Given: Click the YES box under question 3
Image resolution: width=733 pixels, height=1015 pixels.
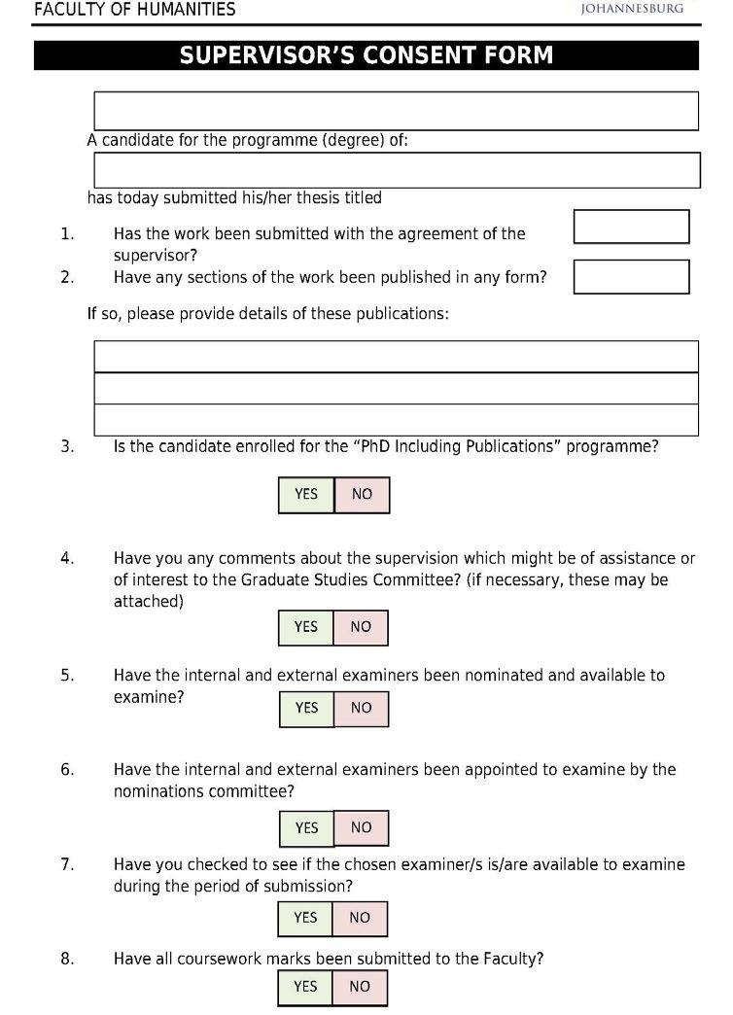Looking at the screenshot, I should (x=306, y=494).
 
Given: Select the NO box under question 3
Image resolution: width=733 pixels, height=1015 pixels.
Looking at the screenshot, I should (x=362, y=494).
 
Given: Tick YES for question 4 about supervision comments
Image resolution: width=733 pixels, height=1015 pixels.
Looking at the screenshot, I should (x=306, y=627).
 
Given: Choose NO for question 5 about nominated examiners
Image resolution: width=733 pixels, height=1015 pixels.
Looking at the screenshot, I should (x=362, y=708).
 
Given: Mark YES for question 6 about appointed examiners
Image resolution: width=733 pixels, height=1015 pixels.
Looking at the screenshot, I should (x=306, y=827).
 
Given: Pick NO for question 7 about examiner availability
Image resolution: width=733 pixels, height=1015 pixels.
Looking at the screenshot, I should (x=360, y=917).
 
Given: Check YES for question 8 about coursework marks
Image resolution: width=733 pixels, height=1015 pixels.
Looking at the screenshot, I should (x=305, y=987).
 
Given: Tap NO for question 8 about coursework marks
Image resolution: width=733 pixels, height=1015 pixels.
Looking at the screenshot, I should (x=360, y=987).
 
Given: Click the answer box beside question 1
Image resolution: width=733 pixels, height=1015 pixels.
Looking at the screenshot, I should (x=631, y=227).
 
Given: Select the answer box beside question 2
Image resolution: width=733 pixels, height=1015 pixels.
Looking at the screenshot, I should (x=631, y=276).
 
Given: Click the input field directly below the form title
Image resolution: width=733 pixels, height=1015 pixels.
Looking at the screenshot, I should (x=396, y=111).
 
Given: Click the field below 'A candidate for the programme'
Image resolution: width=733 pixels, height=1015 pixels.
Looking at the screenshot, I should (x=396, y=170).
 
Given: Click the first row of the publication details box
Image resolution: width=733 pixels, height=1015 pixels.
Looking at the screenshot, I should (x=396, y=356).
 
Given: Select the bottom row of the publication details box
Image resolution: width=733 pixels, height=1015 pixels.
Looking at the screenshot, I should (x=396, y=419).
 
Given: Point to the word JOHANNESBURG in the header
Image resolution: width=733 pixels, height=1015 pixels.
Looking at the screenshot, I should (x=632, y=9).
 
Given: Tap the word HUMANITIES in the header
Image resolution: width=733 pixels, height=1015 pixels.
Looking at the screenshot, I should (x=185, y=10).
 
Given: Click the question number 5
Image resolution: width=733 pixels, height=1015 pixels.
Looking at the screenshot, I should (x=67, y=675).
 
